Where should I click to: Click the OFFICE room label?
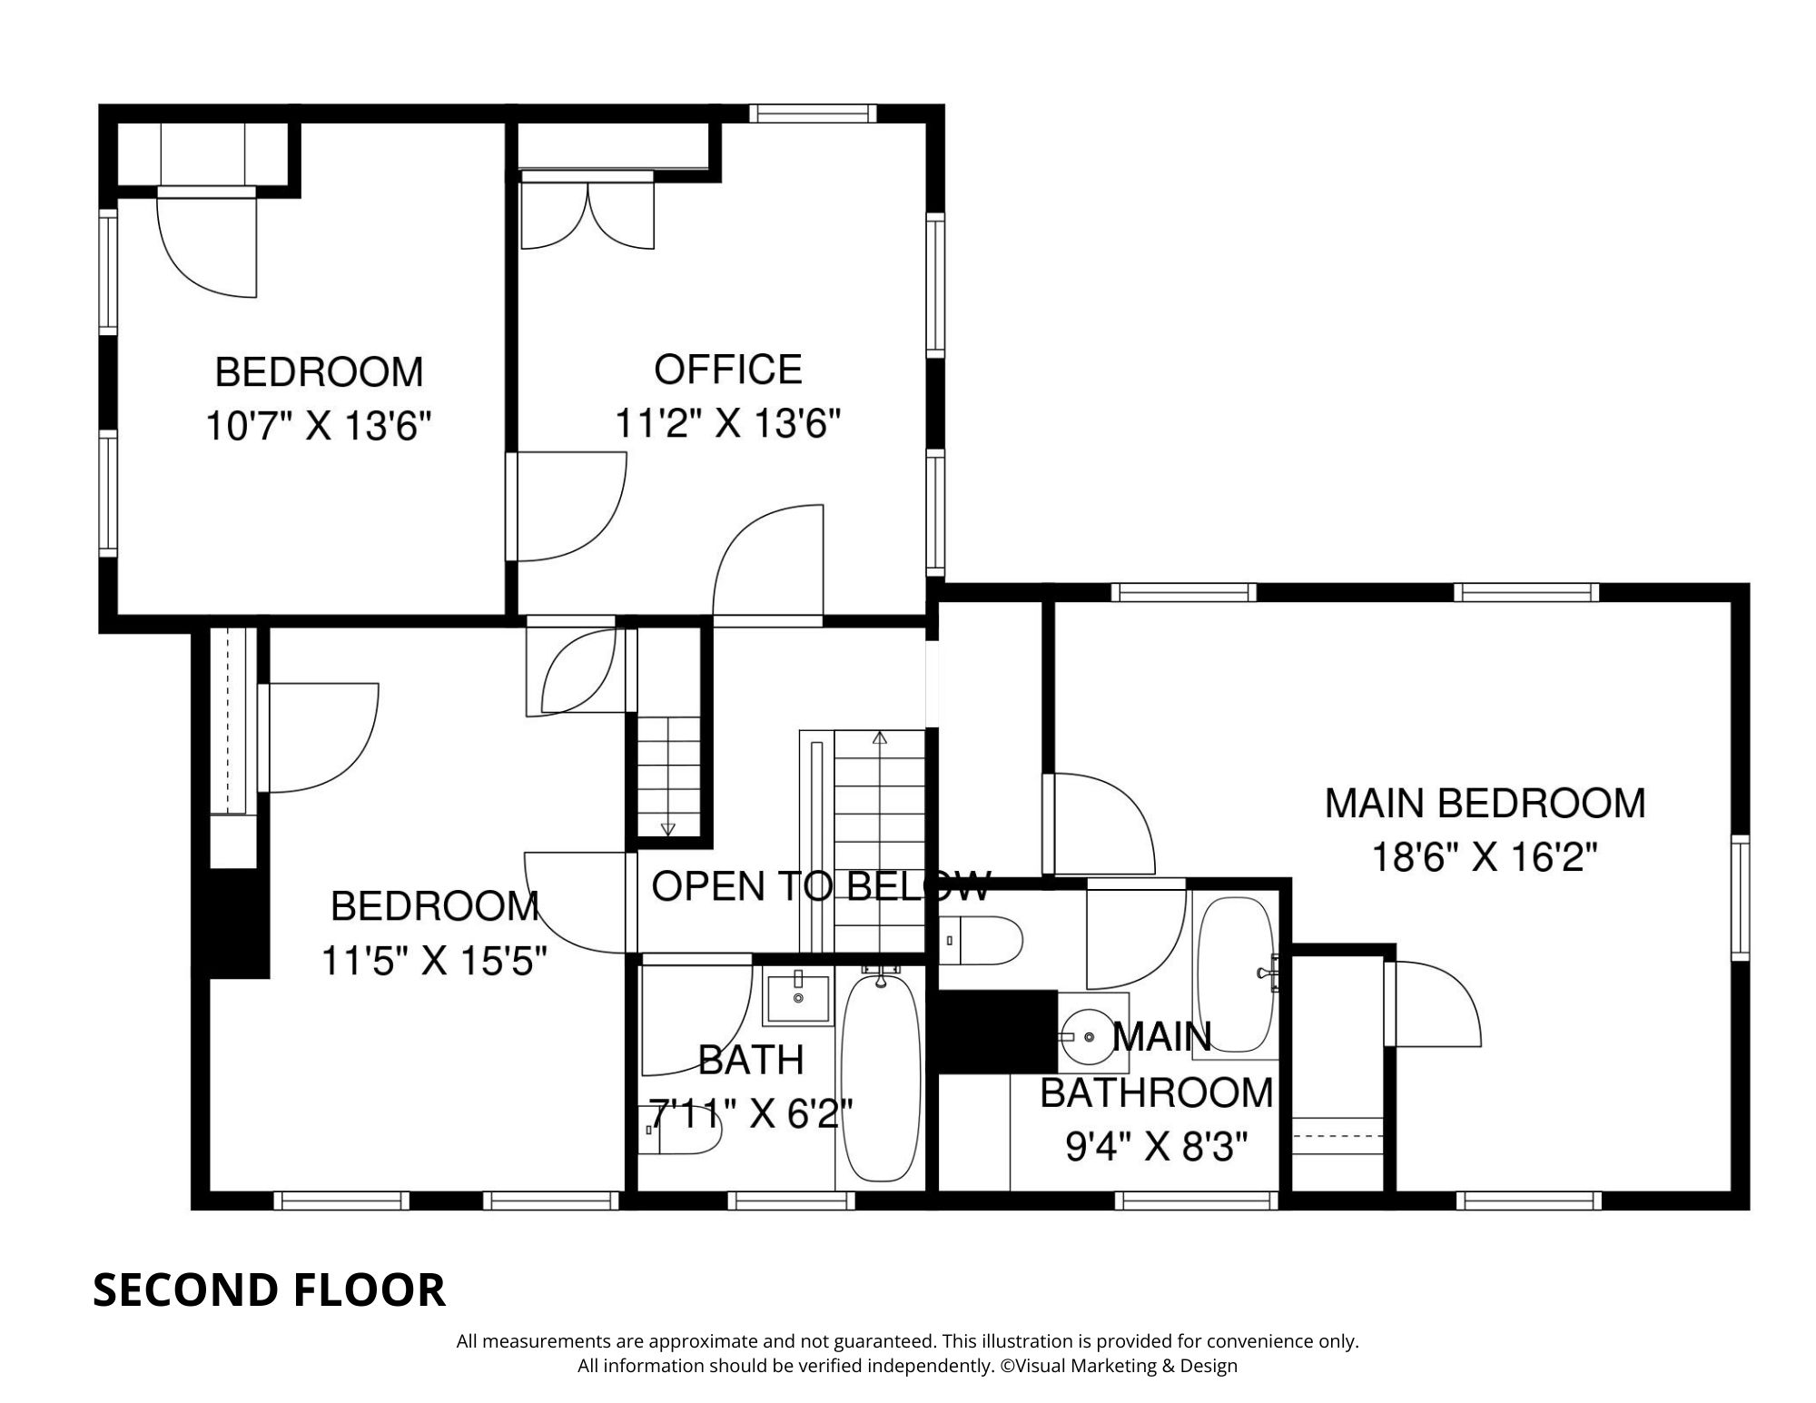pyautogui.click(x=728, y=370)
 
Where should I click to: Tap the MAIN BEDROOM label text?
pyautogui.click(x=1485, y=804)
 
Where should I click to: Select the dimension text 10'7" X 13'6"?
pyautogui.click(x=318, y=425)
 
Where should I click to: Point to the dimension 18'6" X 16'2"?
pyautogui.click(x=1484, y=856)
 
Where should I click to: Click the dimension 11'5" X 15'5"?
pyautogui.click(x=435, y=960)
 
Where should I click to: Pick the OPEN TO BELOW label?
pyautogui.click(x=822, y=885)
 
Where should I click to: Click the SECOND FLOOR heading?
pyautogui.click(x=270, y=1289)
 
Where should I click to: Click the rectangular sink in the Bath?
pyautogui.click(x=798, y=999)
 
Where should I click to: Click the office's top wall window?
pyautogui.click(x=813, y=114)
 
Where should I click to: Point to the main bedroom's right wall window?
pyautogui.click(x=1740, y=896)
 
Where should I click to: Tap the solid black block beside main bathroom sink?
pyautogui.click(x=997, y=1032)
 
